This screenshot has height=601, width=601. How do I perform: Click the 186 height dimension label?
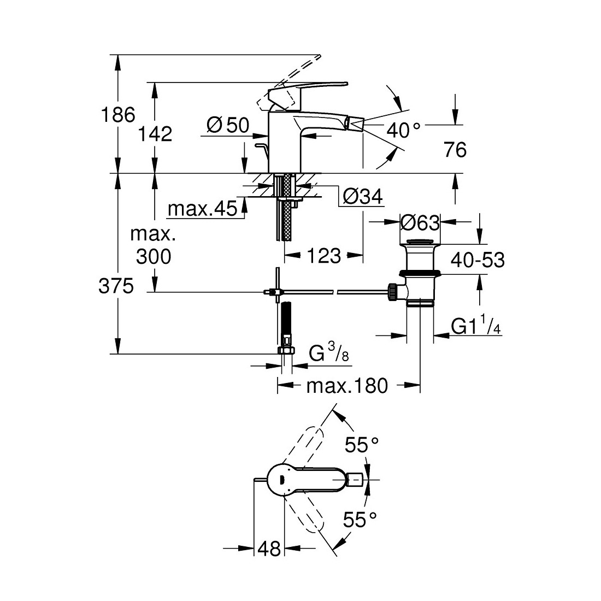pos(118,115)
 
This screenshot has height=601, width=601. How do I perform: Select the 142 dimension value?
pos(155,134)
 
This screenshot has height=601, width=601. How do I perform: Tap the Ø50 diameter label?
pos(228,125)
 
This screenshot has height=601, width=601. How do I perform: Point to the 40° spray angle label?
pos(403,130)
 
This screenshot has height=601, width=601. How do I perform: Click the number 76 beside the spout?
pos(455,150)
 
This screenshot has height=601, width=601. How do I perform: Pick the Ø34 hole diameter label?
pos(363,197)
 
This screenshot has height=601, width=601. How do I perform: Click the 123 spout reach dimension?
pos(324,256)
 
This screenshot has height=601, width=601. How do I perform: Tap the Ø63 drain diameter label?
pos(420,222)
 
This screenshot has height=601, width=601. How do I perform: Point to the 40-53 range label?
pos(478,260)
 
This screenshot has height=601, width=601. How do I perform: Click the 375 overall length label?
pos(116,286)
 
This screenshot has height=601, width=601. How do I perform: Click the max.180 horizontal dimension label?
pos(347,386)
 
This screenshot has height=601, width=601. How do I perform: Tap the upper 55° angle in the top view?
pos(362,445)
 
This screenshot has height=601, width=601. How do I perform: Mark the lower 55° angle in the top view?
pos(360,520)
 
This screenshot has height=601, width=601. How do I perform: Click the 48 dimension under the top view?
pos(269,549)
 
